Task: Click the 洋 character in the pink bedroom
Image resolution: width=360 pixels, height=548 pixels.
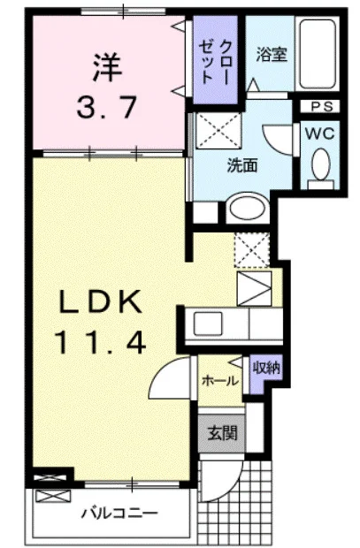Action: pyautogui.click(x=108, y=67)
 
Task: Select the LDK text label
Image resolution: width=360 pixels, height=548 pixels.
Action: pyautogui.click(x=101, y=302)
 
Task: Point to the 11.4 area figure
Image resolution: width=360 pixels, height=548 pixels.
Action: pyautogui.click(x=100, y=343)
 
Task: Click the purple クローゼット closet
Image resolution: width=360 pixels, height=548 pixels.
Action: pyautogui.click(x=216, y=59)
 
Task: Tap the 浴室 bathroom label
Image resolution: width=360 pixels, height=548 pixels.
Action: pyautogui.click(x=272, y=55)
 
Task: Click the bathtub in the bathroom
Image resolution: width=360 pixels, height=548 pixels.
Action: pyautogui.click(x=318, y=53)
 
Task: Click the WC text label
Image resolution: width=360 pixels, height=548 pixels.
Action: pyautogui.click(x=320, y=133)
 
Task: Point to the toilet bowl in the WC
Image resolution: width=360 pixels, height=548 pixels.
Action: pyautogui.click(x=321, y=164)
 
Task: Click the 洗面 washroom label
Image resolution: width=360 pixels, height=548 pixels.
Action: pyautogui.click(x=242, y=165)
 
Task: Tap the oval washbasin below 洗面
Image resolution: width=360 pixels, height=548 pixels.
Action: pyautogui.click(x=247, y=209)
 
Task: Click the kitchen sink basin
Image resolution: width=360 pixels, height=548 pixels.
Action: pyautogui.click(x=208, y=323)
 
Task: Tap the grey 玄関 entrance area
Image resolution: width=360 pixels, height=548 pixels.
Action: pyautogui.click(x=222, y=433)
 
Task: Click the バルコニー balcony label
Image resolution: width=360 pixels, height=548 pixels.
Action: pyautogui.click(x=120, y=514)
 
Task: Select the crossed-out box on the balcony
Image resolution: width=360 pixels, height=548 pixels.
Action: pyautogui.click(x=53, y=496)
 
